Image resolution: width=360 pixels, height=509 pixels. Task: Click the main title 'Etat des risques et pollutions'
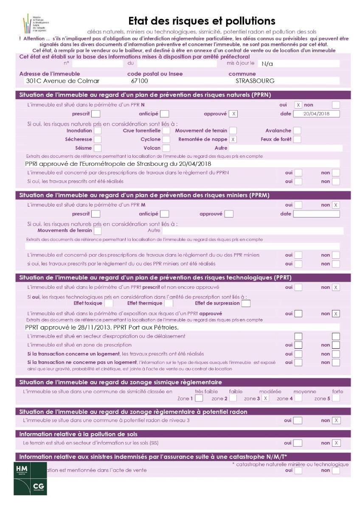(x=202, y=21)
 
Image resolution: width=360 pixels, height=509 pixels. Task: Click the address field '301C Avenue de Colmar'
(x=62, y=81)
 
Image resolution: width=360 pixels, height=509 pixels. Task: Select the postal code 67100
(x=140, y=81)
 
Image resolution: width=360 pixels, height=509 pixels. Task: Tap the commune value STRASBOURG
(x=255, y=81)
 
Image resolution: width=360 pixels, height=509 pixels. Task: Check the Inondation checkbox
(x=98, y=131)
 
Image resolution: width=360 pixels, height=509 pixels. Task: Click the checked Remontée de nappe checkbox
(x=233, y=139)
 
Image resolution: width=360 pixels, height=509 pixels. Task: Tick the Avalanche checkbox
(x=297, y=131)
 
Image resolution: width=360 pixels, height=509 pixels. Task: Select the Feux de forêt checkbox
(x=297, y=139)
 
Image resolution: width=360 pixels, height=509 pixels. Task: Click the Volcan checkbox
(x=166, y=148)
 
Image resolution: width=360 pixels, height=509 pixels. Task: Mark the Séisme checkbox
(x=98, y=148)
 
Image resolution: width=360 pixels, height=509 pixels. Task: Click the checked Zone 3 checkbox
(x=265, y=398)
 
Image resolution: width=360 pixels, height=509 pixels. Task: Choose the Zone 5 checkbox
(x=336, y=398)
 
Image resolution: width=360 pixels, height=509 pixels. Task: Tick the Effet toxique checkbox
(x=109, y=303)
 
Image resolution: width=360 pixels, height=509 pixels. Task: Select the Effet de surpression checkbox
(x=246, y=303)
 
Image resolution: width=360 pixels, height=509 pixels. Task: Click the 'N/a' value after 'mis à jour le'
(x=267, y=64)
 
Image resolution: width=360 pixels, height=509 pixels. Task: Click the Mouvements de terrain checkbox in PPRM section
(x=98, y=231)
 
